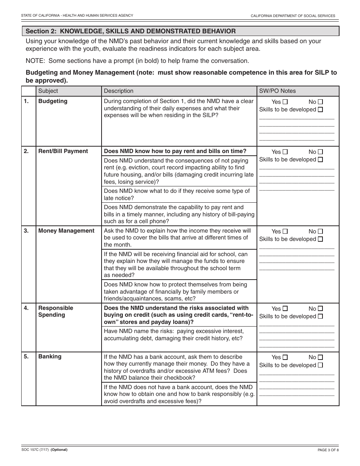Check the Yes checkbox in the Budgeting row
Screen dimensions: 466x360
(285, 102)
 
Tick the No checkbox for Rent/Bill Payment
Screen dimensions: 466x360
(320, 152)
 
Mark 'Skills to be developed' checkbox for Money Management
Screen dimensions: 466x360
(320, 239)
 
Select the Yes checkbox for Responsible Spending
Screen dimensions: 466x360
(285, 309)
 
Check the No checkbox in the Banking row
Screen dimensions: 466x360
(320, 357)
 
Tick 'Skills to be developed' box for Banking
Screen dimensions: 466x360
(320, 365)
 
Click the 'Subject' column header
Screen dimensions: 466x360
(48, 91)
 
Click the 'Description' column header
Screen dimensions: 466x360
(119, 91)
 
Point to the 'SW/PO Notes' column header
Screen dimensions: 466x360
(277, 91)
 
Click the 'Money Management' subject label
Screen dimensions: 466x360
(66, 231)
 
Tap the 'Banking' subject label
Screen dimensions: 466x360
(50, 357)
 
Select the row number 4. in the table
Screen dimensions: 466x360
(26, 308)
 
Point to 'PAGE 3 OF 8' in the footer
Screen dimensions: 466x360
(328, 450)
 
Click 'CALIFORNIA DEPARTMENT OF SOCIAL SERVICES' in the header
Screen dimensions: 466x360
(293, 16)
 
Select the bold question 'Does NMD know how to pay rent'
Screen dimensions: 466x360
(175, 151)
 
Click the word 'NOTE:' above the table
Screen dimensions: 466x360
(36, 61)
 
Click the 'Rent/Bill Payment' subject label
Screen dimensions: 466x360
(63, 151)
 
